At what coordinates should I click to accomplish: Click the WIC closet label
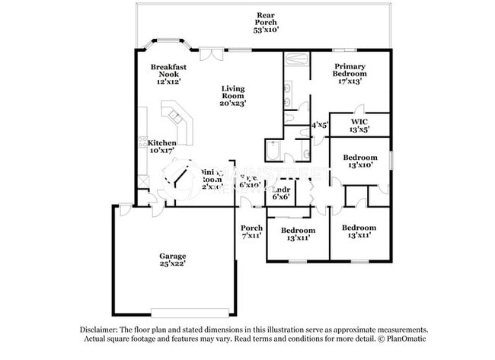(359, 122)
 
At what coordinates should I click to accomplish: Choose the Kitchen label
(162, 143)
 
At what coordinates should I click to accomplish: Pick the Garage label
(173, 256)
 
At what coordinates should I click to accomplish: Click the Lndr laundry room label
(282, 188)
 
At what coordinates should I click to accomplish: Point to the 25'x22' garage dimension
(173, 264)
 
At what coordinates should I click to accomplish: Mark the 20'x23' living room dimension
(233, 104)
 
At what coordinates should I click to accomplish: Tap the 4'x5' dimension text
(320, 125)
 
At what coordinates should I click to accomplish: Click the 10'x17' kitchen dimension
(161, 151)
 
